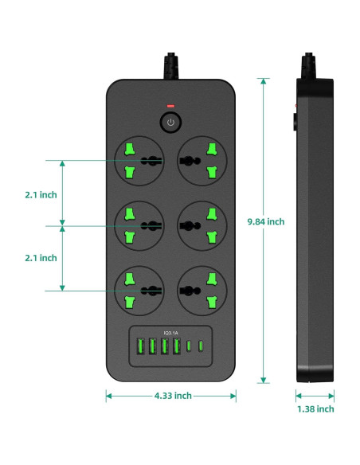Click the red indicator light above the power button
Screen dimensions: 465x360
(x=170, y=106)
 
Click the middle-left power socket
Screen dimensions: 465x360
(x=142, y=225)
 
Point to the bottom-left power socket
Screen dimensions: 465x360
(x=142, y=291)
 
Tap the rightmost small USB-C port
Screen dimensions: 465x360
(x=200, y=347)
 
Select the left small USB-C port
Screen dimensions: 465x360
(x=189, y=347)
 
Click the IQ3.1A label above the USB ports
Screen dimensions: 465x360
(x=170, y=333)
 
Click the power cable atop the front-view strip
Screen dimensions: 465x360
(x=171, y=65)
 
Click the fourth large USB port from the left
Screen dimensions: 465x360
(x=175, y=347)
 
